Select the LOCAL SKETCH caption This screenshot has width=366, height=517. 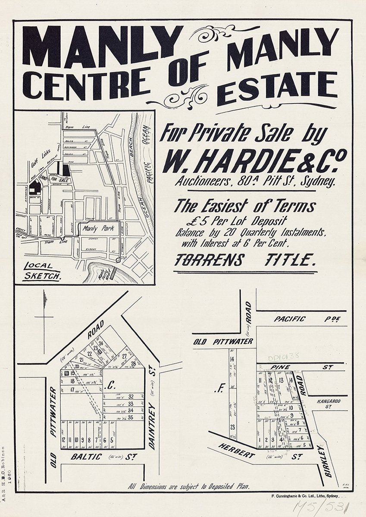(x=41, y=271)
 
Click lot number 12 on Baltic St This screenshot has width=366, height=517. (x=64, y=440)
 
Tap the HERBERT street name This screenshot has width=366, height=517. (x=236, y=451)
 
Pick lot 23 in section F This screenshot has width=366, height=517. (x=232, y=427)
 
